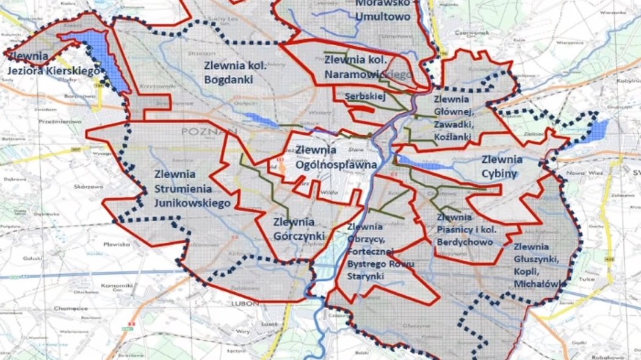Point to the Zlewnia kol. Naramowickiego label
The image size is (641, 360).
click(x=366, y=67)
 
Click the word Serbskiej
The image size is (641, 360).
click(x=363, y=96)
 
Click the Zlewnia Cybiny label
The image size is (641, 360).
click(x=502, y=167)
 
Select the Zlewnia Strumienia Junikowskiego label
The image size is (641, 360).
click(x=192, y=189)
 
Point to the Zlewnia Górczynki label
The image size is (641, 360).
click(x=294, y=229)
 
